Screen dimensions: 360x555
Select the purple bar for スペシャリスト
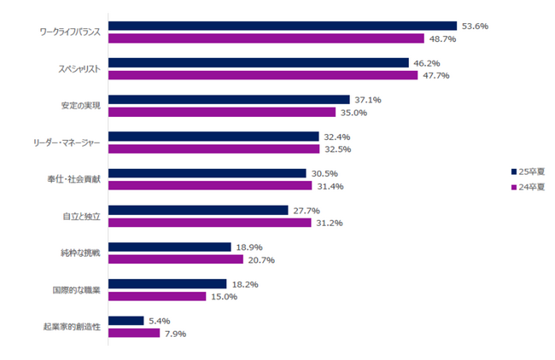coord(263,75)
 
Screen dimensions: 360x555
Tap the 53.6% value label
coord(474,26)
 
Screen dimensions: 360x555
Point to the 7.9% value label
coord(172,333)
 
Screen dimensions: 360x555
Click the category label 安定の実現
coord(81,106)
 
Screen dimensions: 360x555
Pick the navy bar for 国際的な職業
coord(167,284)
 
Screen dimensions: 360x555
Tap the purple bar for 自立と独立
coord(210,223)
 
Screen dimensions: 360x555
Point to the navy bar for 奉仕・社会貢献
coord(207,173)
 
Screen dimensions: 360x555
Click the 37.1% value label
coord(367,100)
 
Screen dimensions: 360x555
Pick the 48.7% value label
coord(441,38)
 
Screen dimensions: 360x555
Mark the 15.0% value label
coord(223,296)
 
